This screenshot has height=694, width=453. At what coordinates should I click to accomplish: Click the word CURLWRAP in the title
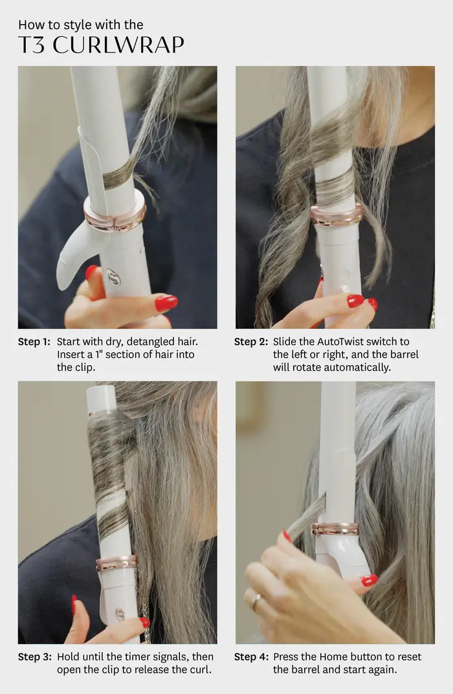(x=118, y=45)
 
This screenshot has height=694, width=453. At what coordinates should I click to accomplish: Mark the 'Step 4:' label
(x=251, y=657)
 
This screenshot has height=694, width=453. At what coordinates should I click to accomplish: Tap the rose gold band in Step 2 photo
(x=337, y=215)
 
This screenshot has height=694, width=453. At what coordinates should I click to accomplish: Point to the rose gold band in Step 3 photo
(x=116, y=563)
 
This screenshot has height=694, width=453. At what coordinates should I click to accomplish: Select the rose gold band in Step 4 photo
(x=335, y=528)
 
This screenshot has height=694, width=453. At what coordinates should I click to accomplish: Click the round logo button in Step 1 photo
(x=113, y=276)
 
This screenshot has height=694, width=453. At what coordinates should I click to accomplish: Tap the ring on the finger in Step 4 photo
(x=257, y=601)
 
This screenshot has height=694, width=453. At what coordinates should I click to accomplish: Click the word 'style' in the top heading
(x=72, y=25)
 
